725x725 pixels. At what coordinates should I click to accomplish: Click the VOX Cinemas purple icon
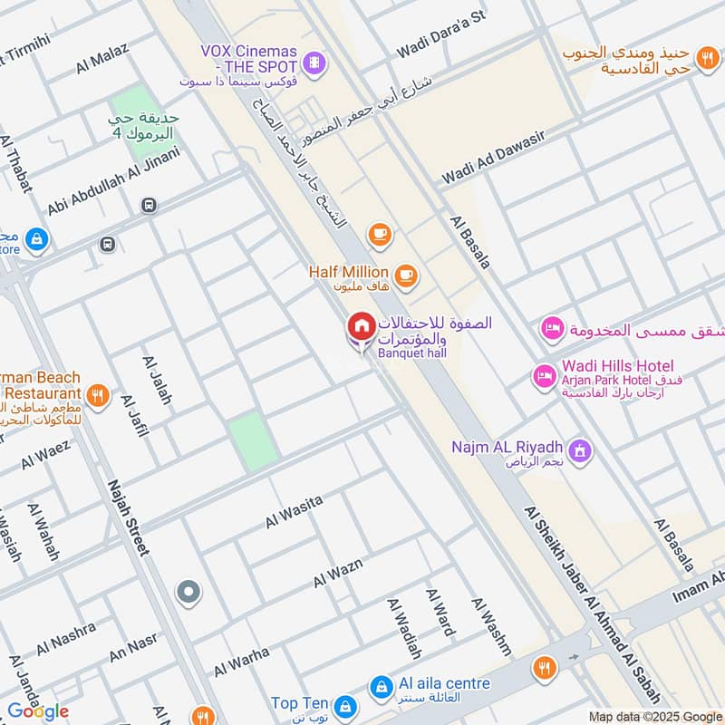point(314,62)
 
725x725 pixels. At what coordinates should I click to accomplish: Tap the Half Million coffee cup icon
point(405,273)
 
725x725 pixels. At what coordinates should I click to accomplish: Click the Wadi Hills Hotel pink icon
point(544,375)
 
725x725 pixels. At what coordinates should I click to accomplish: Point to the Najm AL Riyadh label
point(507,448)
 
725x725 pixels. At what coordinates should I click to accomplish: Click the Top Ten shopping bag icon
point(344,705)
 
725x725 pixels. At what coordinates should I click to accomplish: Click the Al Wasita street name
point(294,512)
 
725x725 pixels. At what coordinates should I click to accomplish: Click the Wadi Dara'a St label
point(441,34)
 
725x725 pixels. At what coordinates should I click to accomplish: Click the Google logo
point(37,711)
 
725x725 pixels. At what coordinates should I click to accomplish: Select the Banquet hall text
point(412,353)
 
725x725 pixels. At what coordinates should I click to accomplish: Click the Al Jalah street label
point(157,380)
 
